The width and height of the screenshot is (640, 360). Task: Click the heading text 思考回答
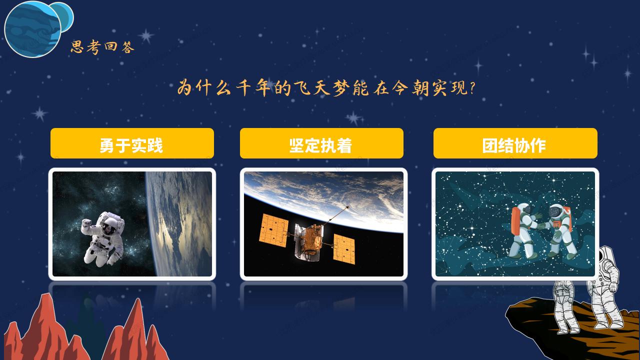(x=102, y=48)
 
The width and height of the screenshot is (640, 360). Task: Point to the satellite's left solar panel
(x=273, y=230)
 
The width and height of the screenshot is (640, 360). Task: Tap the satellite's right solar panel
(x=344, y=248)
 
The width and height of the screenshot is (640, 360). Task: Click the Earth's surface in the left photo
(x=180, y=225)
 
